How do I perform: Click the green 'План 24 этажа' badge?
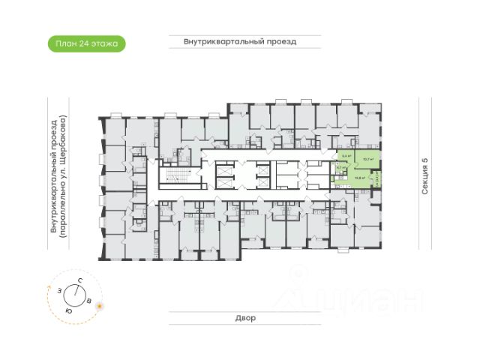(x=87, y=43)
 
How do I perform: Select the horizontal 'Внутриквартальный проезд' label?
(x=240, y=42)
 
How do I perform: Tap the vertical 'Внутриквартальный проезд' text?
(x=53, y=178)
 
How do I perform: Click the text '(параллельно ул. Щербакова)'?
(x=64, y=178)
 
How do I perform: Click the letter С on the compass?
(x=79, y=280)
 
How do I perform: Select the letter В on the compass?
(x=89, y=301)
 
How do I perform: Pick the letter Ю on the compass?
(x=68, y=310)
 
